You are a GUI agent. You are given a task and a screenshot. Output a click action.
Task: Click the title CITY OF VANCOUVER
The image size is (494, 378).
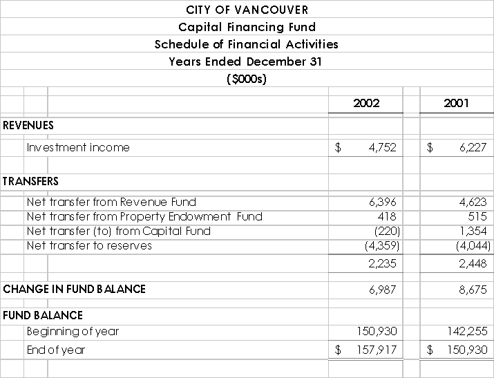(x=247, y=10)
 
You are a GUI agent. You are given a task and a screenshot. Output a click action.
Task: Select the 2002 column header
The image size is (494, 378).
(x=366, y=103)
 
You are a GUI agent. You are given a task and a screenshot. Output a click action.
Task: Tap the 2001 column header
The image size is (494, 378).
(x=456, y=103)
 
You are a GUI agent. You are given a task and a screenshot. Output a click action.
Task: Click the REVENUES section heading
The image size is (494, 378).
(x=28, y=125)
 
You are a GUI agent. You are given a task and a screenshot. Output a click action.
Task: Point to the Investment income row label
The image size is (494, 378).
(x=78, y=147)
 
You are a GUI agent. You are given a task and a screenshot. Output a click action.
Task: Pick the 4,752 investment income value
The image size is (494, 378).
(x=383, y=147)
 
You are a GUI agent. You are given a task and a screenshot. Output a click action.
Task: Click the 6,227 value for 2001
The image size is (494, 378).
(x=473, y=147)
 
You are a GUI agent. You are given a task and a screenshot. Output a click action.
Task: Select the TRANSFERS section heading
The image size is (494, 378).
(x=30, y=181)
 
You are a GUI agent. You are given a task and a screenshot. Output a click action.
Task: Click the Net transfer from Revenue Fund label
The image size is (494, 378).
(x=111, y=202)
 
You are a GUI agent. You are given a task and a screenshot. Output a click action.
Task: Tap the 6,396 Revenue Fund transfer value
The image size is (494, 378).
(x=383, y=202)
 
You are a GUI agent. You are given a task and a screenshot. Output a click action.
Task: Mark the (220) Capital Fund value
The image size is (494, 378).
(x=385, y=231)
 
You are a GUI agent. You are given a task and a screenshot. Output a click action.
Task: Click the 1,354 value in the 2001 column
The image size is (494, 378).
(x=473, y=231)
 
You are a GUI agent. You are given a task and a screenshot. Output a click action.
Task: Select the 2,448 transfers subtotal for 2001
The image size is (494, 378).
(x=473, y=263)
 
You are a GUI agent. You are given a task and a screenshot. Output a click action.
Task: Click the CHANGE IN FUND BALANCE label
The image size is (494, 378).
(x=74, y=289)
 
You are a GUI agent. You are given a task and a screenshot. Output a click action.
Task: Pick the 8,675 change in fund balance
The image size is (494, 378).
(x=473, y=289)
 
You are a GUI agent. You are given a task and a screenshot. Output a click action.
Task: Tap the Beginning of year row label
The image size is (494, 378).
(x=73, y=331)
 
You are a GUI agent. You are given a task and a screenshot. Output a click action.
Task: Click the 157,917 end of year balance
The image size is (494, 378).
(x=377, y=350)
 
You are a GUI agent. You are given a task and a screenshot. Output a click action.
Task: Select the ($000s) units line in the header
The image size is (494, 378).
(x=247, y=78)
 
